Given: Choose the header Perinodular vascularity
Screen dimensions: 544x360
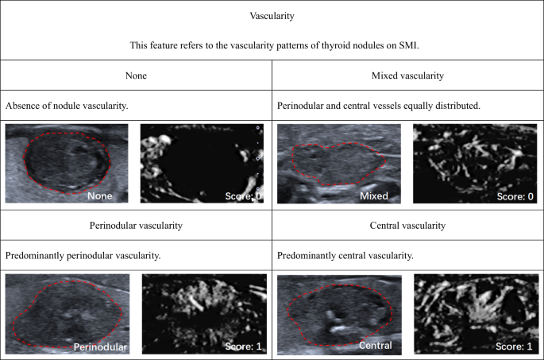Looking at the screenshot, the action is [137, 226].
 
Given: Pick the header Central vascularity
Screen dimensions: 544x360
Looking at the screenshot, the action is [407, 226].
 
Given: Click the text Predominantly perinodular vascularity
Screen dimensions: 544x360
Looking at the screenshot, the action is [79, 256].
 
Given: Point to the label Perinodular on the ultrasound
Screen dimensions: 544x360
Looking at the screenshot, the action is [100, 347].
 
